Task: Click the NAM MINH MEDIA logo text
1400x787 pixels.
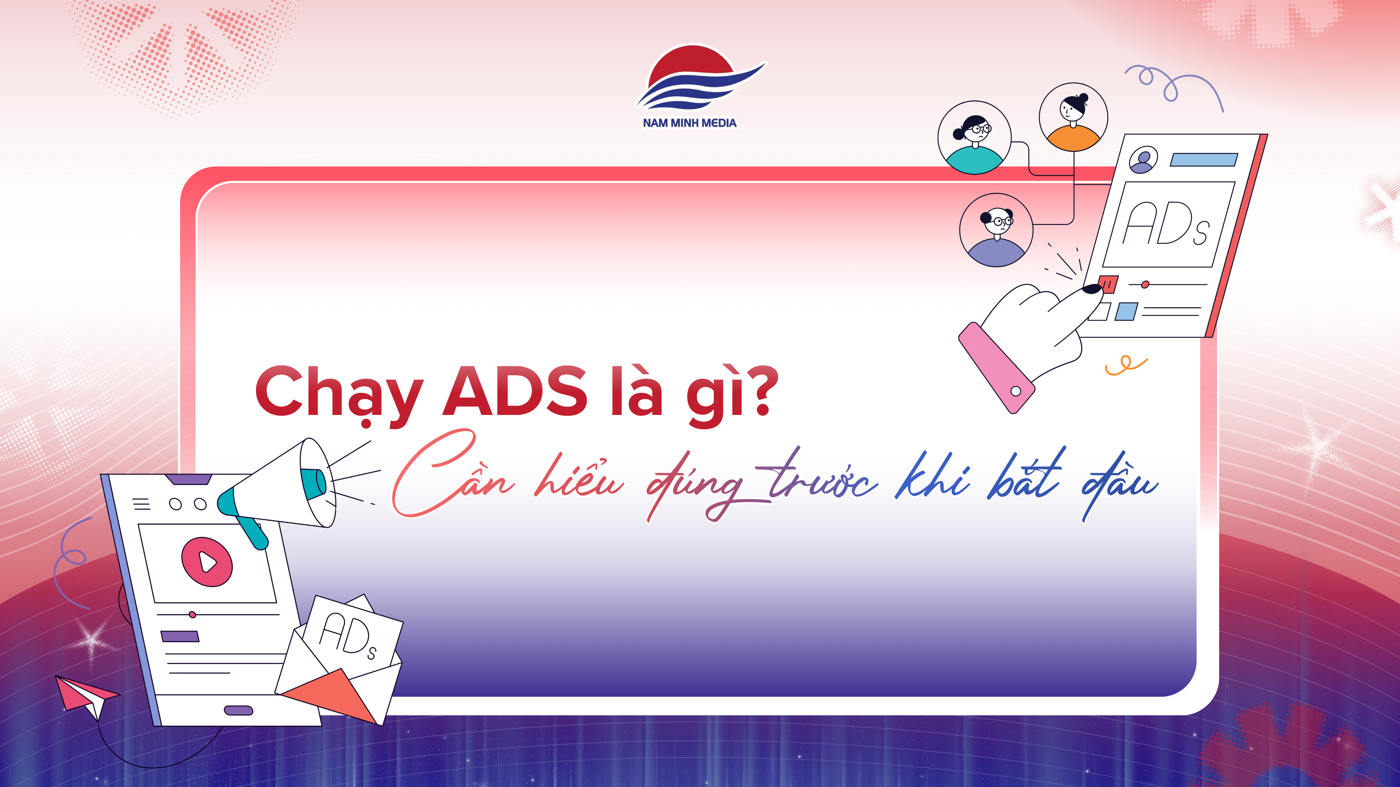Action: (689, 123)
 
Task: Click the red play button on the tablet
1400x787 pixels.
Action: (207, 562)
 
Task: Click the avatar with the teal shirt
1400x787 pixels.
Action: (975, 138)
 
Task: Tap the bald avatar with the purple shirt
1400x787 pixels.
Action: (996, 230)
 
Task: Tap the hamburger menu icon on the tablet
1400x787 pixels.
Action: (141, 504)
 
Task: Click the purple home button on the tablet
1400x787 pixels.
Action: (238, 711)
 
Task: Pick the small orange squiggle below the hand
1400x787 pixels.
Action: (1125, 365)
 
